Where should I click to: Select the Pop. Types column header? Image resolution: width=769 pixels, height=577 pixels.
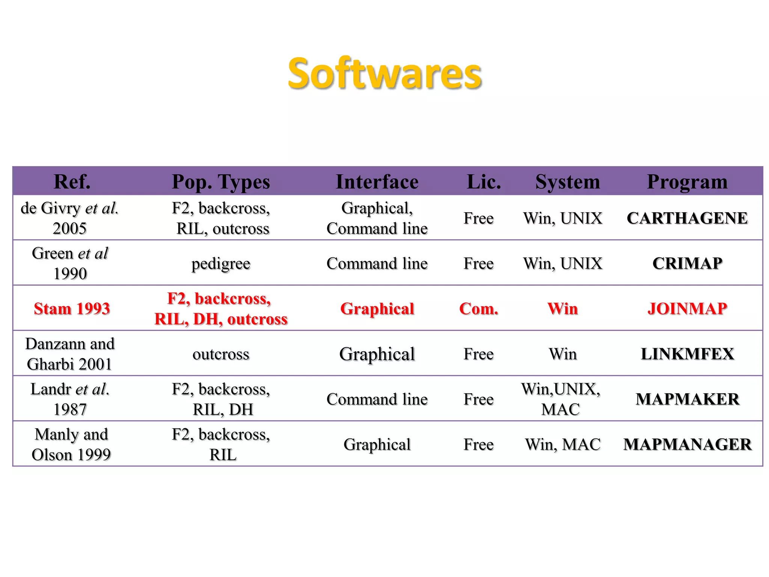pos(221,182)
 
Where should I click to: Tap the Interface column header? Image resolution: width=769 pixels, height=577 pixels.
pos(377,182)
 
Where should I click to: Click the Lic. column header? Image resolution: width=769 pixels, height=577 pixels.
pos(484,182)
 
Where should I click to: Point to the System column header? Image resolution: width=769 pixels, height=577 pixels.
pos(567,182)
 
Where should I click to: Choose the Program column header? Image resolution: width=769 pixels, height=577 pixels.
pos(687,182)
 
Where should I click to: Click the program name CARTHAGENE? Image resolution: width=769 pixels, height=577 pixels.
pos(687,218)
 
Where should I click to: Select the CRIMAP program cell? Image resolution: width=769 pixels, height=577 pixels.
pos(687,263)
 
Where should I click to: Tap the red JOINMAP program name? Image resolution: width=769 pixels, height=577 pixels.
pos(687,309)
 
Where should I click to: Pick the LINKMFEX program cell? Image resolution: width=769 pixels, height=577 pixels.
pos(687,354)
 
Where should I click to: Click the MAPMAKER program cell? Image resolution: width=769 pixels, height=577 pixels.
pos(687,399)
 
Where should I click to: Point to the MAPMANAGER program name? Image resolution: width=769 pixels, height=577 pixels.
pos(687,444)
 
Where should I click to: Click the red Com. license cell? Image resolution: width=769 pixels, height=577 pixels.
pos(479,309)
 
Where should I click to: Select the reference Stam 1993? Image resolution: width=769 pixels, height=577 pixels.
pos(72,309)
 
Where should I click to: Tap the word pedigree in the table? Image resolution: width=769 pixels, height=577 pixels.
pos(221,264)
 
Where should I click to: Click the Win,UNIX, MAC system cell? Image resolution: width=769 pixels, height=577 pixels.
pos(561,399)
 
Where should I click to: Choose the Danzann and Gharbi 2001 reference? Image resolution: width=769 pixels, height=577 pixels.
pos(70,354)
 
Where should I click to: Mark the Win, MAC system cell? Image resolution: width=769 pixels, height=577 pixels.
pos(562,444)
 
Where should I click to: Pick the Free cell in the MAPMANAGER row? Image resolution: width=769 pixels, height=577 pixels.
pos(479,444)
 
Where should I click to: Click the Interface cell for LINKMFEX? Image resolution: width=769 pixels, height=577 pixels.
pos(377,354)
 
